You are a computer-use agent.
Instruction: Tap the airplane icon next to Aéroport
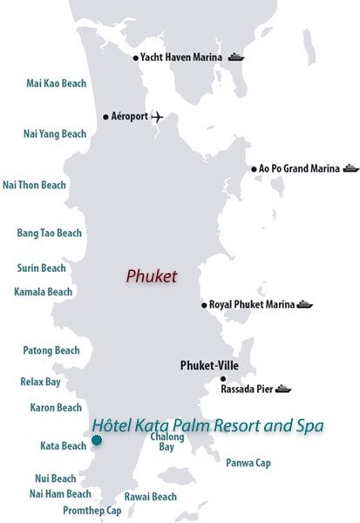[157, 116]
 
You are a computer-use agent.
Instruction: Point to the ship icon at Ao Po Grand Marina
[350, 168]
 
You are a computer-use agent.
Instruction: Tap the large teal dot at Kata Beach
[96, 440]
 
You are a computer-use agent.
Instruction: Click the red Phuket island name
[151, 275]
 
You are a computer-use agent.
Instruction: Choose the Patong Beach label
[51, 350]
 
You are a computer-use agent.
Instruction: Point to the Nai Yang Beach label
[54, 134]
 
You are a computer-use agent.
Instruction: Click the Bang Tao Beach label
[50, 233]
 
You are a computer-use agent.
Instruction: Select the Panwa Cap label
[248, 463]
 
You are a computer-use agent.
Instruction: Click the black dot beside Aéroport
[105, 116]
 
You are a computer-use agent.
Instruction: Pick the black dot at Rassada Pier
[223, 379]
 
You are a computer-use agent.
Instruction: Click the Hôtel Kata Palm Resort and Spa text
[207, 425]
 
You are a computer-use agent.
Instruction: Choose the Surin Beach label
[42, 268]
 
